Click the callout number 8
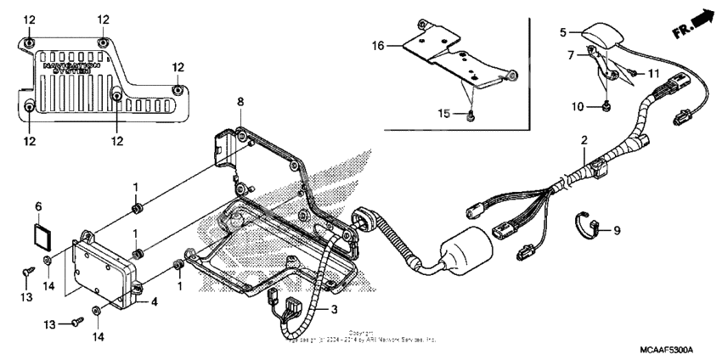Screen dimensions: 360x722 [x=240, y=102]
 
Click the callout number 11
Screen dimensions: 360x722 [x=652, y=75]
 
